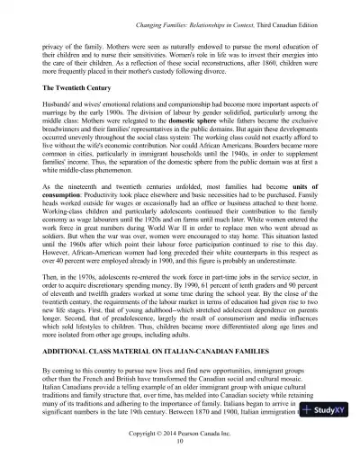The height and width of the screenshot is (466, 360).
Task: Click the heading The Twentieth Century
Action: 81,91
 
